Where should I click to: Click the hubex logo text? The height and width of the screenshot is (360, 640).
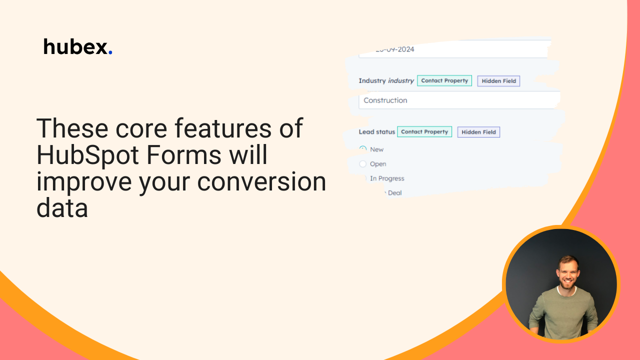click(x=75, y=47)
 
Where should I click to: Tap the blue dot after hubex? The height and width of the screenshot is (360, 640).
click(x=110, y=53)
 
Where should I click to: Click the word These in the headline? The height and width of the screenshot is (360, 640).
click(x=71, y=128)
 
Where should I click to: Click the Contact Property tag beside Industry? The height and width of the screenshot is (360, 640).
click(x=444, y=80)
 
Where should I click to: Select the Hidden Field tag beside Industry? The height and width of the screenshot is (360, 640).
click(x=498, y=81)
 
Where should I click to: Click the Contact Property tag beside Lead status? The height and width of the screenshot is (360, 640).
click(x=424, y=132)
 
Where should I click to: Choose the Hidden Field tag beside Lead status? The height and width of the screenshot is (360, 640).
click(x=478, y=132)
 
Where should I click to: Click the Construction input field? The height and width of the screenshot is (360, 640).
click(x=457, y=100)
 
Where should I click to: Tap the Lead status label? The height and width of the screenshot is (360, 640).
click(x=376, y=132)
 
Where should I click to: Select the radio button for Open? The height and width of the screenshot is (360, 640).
click(x=363, y=164)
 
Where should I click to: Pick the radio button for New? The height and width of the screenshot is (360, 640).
click(x=363, y=149)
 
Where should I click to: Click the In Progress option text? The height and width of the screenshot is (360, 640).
click(x=387, y=178)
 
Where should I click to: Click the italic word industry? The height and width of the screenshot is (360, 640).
click(x=401, y=80)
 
